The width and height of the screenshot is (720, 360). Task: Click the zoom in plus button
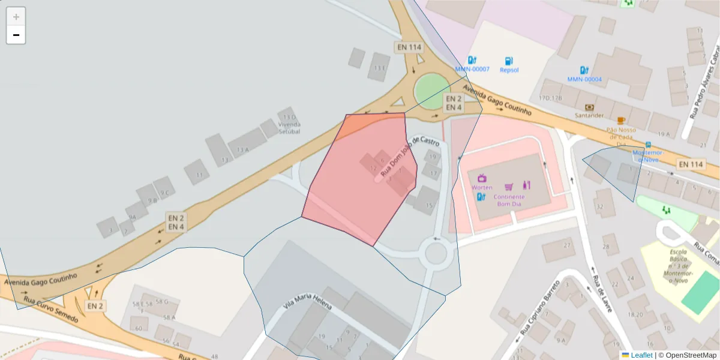pyautogui.click(x=16, y=17)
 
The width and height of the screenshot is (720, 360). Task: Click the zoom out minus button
pyautogui.click(x=16, y=35)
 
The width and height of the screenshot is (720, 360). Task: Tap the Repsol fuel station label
pyautogui.click(x=509, y=70)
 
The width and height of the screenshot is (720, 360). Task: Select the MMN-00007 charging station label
pyautogui.click(x=472, y=69)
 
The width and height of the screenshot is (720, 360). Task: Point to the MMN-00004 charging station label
pyautogui.click(x=584, y=79)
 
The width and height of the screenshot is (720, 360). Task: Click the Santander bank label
pyautogui.click(x=588, y=115)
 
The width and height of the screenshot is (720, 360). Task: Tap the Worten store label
pyautogui.click(x=482, y=187)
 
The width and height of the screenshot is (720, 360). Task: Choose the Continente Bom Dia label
pyautogui.click(x=509, y=200)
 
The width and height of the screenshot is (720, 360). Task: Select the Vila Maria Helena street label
pyautogui.click(x=307, y=303)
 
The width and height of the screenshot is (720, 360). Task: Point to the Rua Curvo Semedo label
pyautogui.click(x=50, y=308)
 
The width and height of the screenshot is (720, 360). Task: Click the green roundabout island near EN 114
pyautogui.click(x=431, y=91)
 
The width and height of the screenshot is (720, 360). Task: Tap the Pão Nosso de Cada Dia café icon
pyautogui.click(x=620, y=121)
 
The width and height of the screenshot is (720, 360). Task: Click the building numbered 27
pyautogui.click(x=566, y=245)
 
